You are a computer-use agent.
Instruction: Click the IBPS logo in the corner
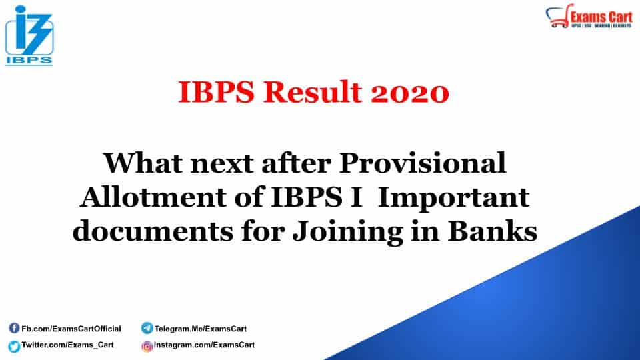click(x=29, y=37)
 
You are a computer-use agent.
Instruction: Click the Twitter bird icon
click(x=14, y=345)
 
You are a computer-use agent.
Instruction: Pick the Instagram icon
click(x=147, y=345)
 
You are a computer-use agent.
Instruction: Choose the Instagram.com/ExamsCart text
click(x=204, y=345)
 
